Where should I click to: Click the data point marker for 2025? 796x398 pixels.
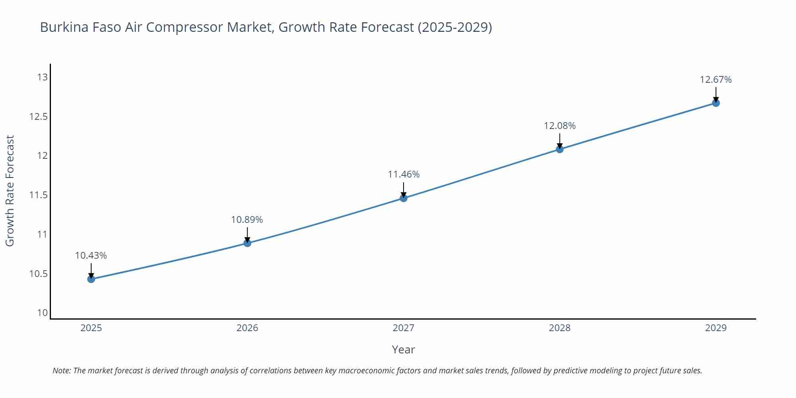[91, 279]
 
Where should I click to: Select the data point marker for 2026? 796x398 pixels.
[247, 243]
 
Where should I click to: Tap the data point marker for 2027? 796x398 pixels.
[404, 198]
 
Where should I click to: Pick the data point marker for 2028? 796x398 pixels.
[560, 149]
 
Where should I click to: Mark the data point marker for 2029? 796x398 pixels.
[716, 103]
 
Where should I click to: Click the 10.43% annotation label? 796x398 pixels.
[91, 256]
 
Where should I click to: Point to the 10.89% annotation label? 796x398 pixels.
[247, 220]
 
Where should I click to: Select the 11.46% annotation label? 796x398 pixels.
[404, 174]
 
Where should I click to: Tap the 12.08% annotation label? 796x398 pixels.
[560, 126]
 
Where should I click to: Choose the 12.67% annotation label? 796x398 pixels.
[716, 80]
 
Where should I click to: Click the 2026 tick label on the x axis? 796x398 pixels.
[247, 328]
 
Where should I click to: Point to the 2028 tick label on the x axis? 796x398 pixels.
[560, 328]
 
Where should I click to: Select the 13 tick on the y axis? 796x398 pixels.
[42, 77]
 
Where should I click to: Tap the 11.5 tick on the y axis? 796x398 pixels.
[38, 195]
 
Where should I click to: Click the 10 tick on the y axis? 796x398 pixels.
[42, 313]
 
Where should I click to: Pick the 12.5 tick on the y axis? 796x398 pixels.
[38, 117]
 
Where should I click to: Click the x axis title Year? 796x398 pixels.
[403, 349]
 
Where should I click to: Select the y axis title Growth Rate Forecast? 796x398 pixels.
[10, 191]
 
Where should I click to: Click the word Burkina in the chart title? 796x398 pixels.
[64, 27]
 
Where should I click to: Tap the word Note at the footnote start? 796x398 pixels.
[61, 371]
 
